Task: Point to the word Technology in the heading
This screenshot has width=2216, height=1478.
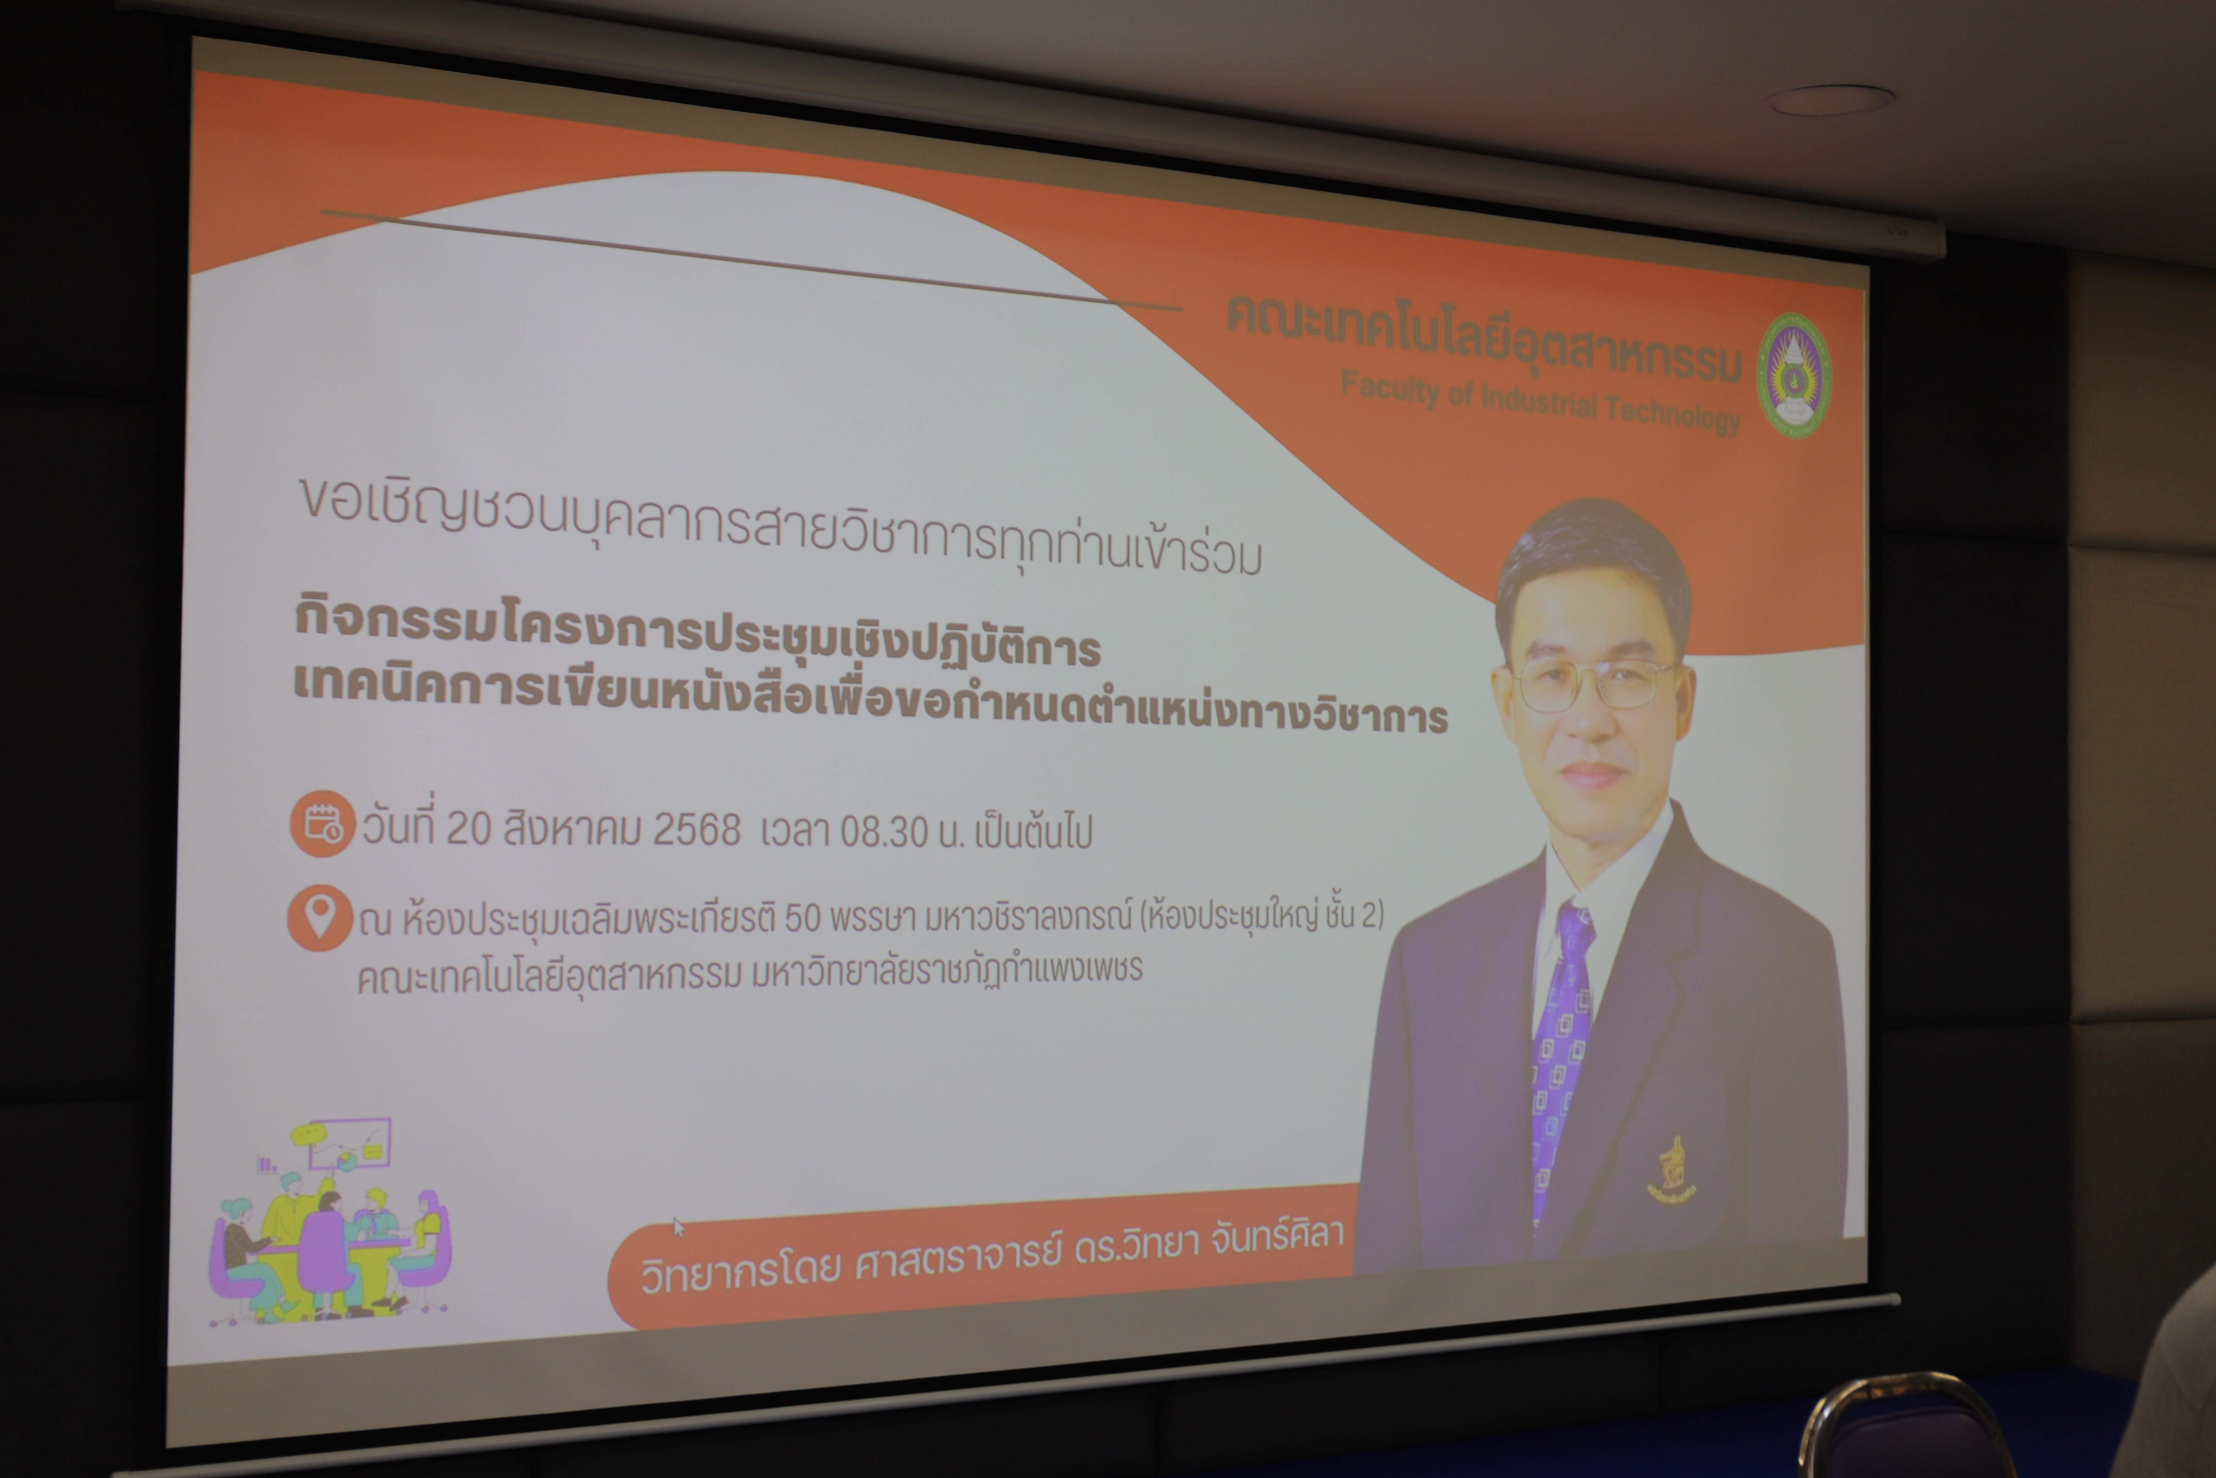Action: pos(1673,413)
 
